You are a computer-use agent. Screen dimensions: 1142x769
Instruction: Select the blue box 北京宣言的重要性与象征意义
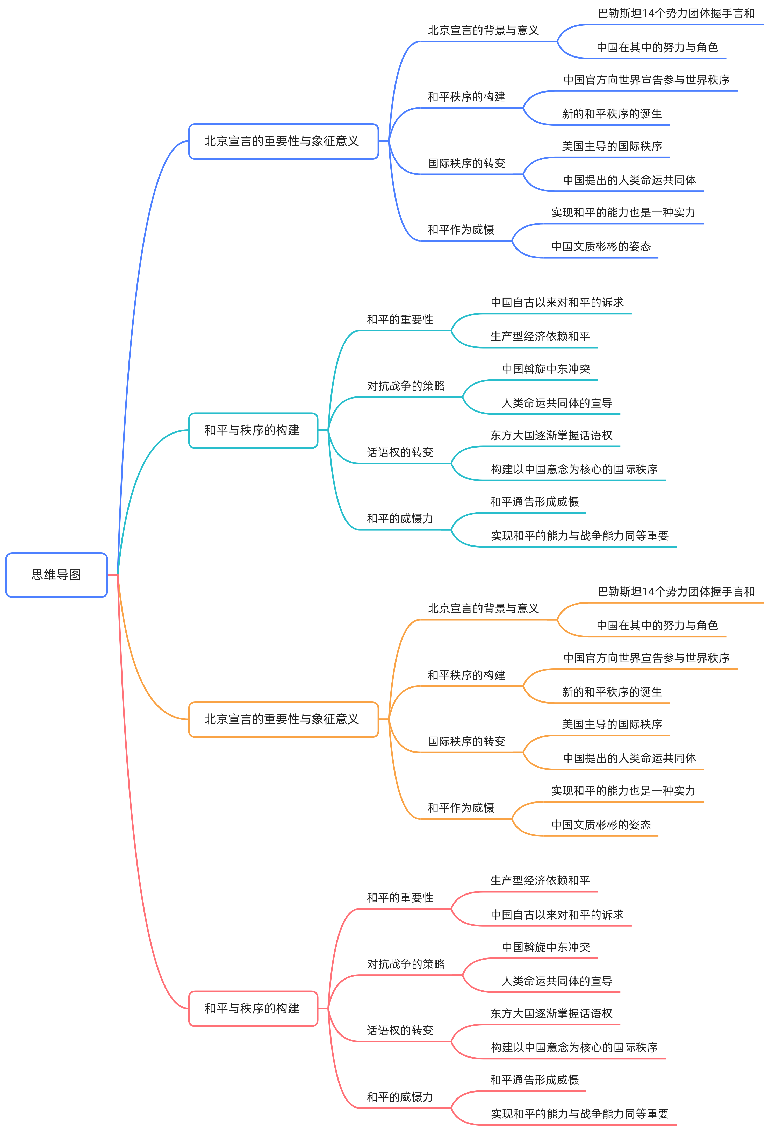click(283, 141)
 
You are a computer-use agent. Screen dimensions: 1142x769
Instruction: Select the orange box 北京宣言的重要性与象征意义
click(283, 719)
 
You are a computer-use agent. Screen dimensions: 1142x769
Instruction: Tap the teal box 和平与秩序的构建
click(253, 430)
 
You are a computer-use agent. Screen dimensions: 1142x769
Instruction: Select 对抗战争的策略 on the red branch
click(406, 964)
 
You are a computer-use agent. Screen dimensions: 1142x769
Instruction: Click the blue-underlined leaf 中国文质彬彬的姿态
click(601, 246)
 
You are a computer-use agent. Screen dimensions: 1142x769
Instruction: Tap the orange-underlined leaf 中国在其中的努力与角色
click(657, 626)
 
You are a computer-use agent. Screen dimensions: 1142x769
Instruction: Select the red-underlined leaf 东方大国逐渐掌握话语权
click(551, 1013)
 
